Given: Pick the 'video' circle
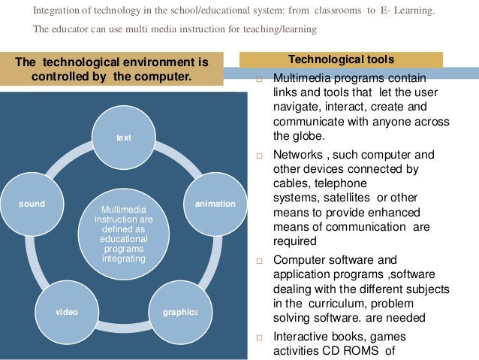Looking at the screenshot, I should [66, 310].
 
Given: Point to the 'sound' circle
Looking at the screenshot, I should [32, 204].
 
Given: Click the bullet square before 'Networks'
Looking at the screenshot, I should [258, 157].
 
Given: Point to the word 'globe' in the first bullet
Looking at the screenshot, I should [286, 136].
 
